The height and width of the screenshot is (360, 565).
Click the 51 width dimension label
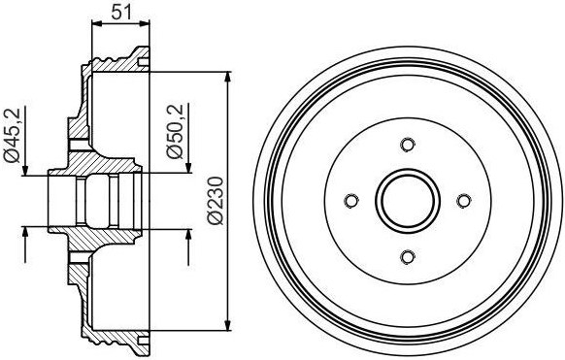[x=121, y=13]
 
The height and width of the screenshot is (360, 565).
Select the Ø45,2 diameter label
[x=13, y=135]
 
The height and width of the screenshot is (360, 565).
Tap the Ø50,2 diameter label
[x=175, y=131]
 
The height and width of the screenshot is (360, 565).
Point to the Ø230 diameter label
[x=216, y=201]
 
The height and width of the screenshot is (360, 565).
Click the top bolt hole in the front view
[x=408, y=145]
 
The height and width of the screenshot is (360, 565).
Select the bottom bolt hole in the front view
[x=408, y=257]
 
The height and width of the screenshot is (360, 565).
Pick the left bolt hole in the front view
[x=351, y=201]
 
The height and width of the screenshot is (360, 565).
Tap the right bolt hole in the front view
[x=464, y=201]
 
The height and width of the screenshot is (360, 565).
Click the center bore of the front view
[x=408, y=201]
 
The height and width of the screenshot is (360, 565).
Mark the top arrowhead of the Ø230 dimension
[x=228, y=79]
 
